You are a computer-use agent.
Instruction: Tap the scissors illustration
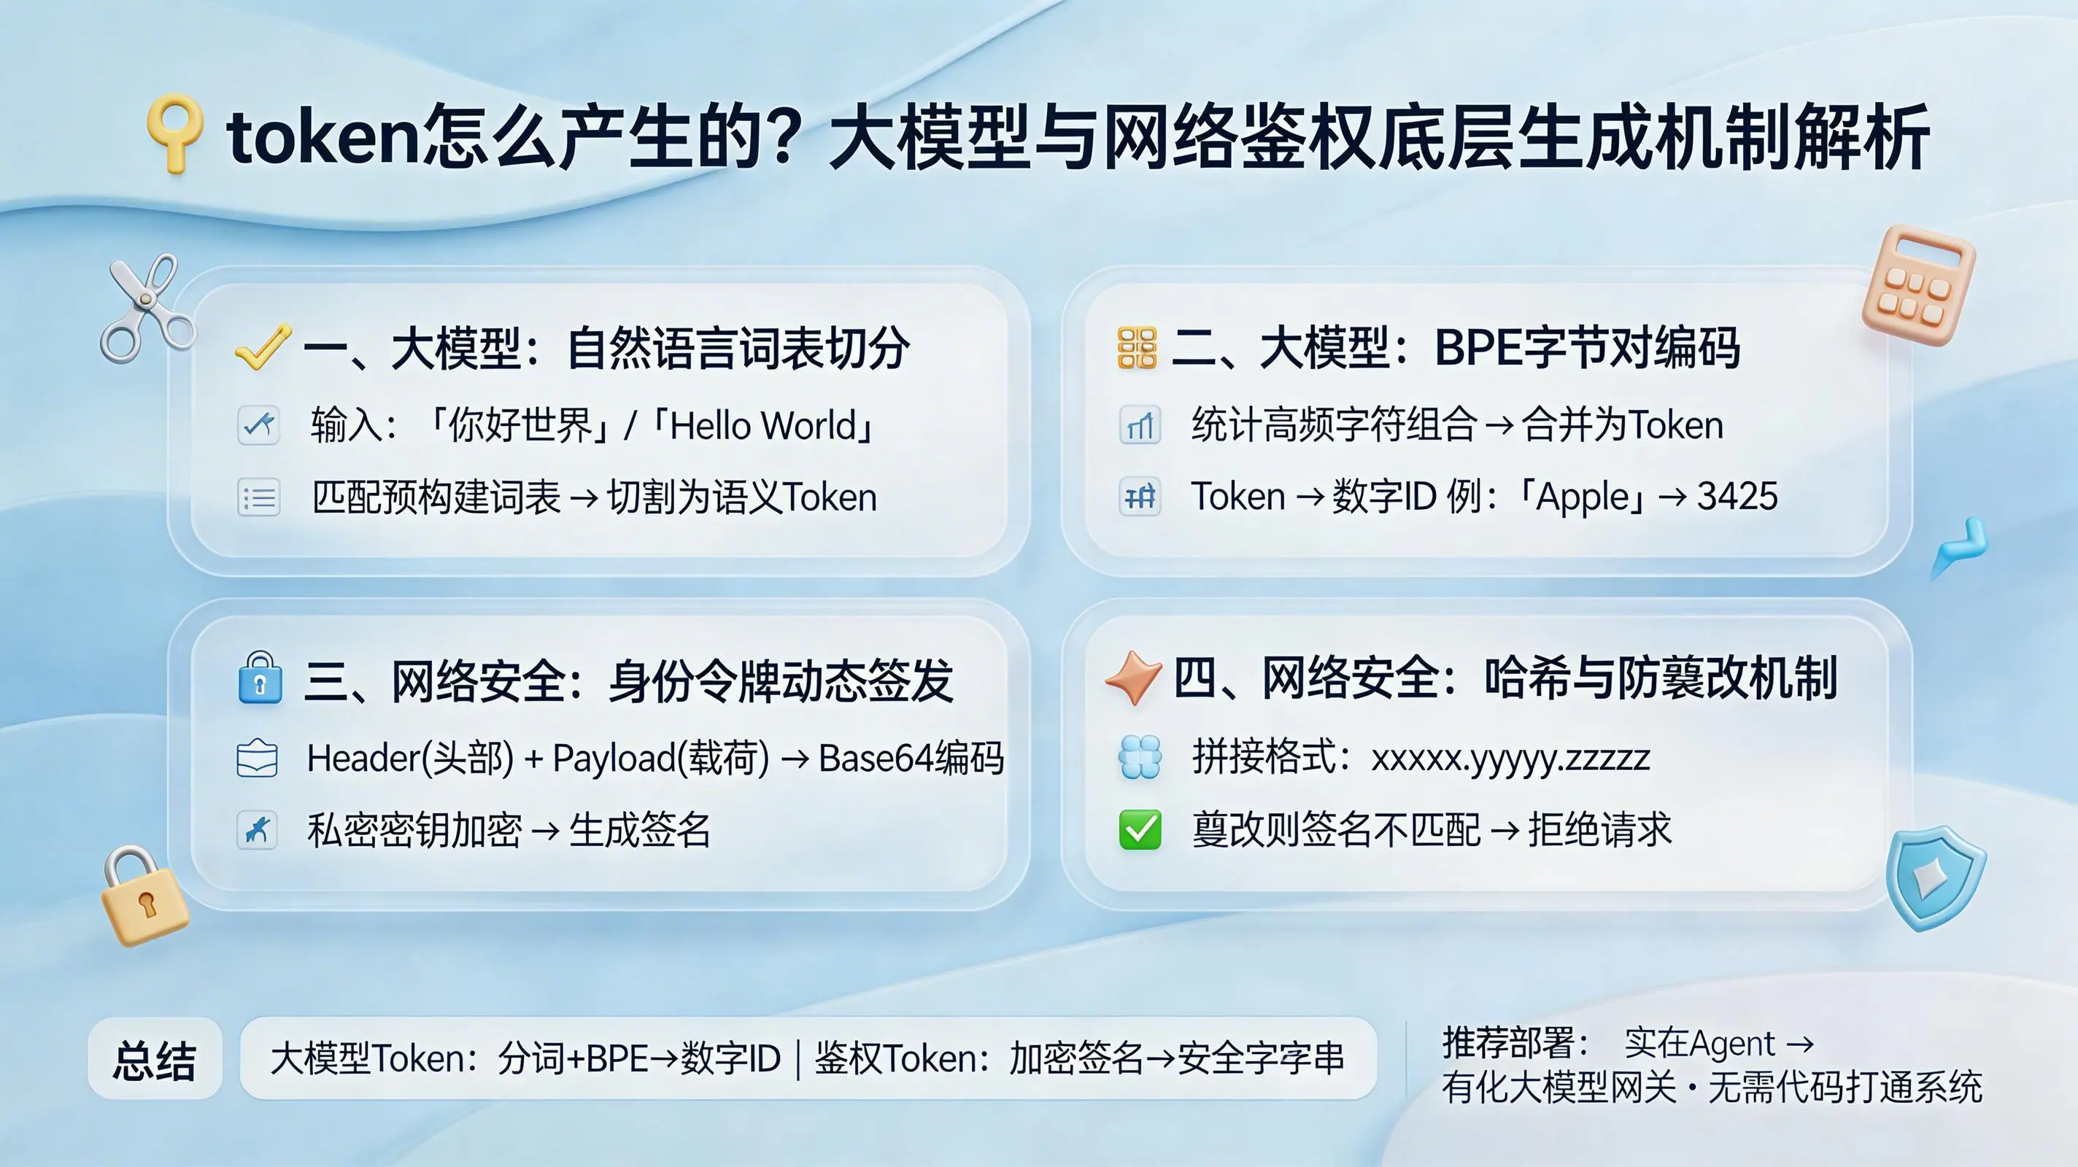coord(145,307)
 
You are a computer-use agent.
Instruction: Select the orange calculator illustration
coord(1917,284)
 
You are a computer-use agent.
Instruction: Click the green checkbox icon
coord(1140,830)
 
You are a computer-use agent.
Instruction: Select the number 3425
coord(1737,496)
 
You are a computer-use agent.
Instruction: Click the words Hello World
coord(762,425)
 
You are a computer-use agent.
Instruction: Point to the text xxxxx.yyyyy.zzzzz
coord(1510,759)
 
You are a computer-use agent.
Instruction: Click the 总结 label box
coord(155,1059)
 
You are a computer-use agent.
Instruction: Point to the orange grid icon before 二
coord(1138,348)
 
